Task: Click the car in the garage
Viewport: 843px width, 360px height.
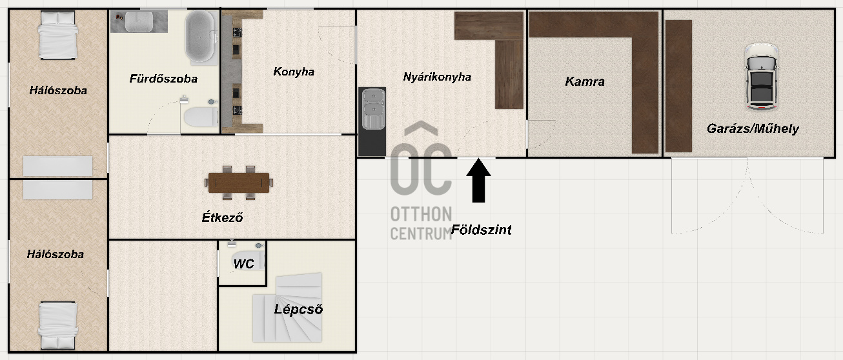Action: tap(762, 77)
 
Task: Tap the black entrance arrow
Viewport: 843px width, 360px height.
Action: tap(478, 181)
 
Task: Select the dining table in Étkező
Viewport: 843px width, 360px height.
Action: tap(239, 183)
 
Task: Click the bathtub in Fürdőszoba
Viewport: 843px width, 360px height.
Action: tap(200, 36)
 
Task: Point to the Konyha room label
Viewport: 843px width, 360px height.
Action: tap(294, 72)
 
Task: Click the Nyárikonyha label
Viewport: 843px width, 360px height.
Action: tap(437, 77)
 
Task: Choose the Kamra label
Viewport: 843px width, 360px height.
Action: tap(585, 81)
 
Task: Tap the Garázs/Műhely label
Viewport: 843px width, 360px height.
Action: tap(753, 128)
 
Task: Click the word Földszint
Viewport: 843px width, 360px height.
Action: tap(481, 230)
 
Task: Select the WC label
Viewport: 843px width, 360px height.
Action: tap(243, 264)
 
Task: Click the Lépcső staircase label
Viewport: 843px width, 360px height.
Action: tap(298, 309)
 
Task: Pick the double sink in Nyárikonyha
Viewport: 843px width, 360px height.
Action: tap(373, 109)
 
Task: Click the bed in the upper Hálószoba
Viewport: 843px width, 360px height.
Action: tap(58, 35)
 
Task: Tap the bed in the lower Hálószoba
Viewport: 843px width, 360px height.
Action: tap(58, 326)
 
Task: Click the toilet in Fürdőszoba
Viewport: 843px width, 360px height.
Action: tap(201, 117)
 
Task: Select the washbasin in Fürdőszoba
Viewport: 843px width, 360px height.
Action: tap(139, 22)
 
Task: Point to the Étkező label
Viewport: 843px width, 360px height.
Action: tap(223, 217)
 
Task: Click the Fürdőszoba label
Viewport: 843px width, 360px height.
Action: tap(163, 79)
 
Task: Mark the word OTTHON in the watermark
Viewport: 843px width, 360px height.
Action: tap(421, 214)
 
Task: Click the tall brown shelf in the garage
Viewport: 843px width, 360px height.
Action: tap(678, 86)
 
